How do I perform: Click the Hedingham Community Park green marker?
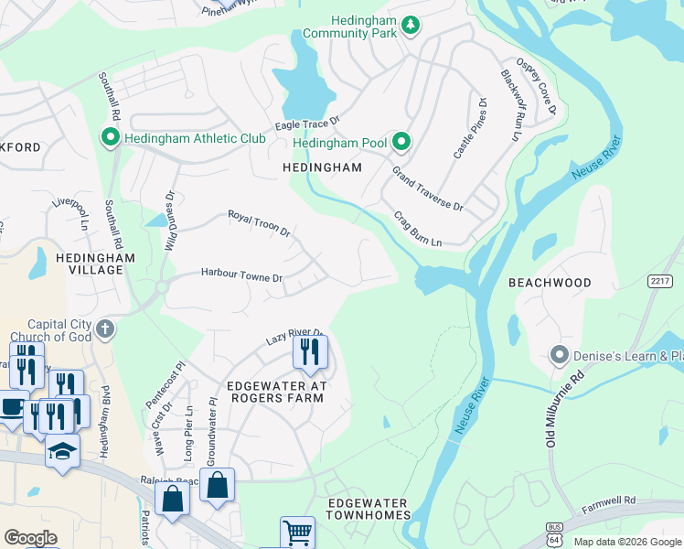coord(411,25)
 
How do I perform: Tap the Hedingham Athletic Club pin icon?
coord(111,138)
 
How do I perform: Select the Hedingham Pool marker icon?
coord(401,143)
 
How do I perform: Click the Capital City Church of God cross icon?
coord(105,328)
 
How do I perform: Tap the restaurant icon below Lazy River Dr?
coord(310,351)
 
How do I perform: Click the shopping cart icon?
coord(297,533)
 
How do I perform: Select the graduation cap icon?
coord(62,451)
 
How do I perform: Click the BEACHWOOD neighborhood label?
coord(550,283)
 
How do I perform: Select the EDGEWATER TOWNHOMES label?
coord(369,515)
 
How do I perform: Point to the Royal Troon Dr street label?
coord(259,224)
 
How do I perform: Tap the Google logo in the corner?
coord(30,538)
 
